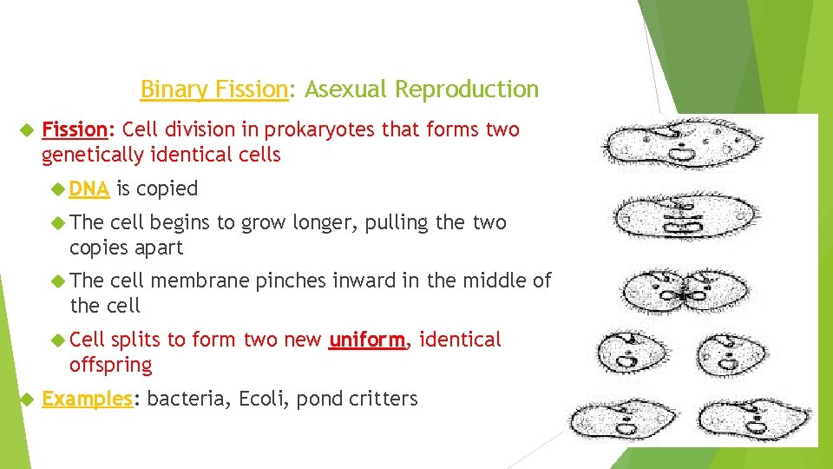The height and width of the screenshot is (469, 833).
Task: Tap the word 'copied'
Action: (x=167, y=188)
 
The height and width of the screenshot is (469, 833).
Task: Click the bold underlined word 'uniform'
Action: (x=366, y=340)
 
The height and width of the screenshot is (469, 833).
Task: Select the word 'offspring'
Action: (x=110, y=365)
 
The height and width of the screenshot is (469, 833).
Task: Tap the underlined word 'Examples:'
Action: (x=91, y=400)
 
